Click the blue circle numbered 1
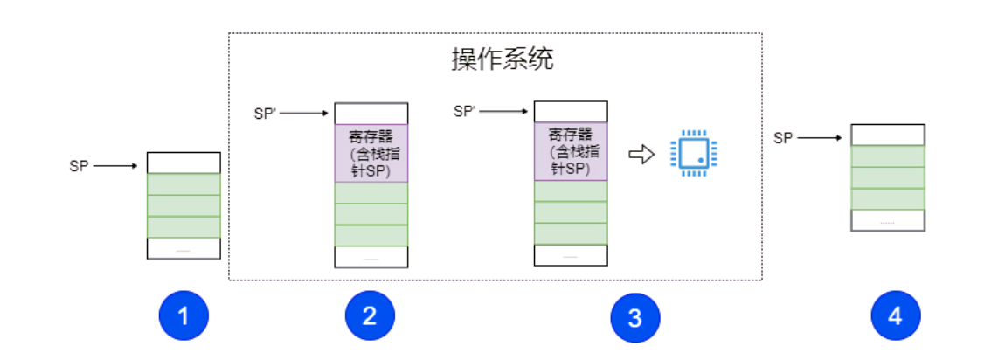coord(184,316)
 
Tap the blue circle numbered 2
coord(370,316)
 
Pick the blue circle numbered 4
coord(895,316)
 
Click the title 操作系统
coord(502,59)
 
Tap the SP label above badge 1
coord(79,165)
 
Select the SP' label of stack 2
coord(265,114)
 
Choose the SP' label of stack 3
coord(465,111)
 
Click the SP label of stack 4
coord(783,137)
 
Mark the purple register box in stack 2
coord(371,154)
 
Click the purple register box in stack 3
coord(571,152)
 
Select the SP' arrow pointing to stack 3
coord(503,111)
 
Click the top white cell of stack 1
coord(184,163)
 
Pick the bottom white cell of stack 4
coord(887,220)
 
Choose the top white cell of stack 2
coord(371,114)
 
